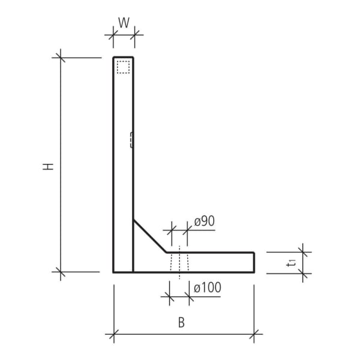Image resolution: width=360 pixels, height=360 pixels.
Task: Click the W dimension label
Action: click(x=124, y=23)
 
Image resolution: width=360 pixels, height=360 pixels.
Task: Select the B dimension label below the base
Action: click(x=181, y=322)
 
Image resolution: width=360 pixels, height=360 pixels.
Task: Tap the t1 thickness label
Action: click(x=292, y=262)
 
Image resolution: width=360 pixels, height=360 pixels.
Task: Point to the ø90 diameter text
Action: click(x=204, y=221)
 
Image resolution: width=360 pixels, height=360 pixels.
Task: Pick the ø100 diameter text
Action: click(x=207, y=288)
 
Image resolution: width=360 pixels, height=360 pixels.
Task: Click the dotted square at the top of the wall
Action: click(x=123, y=67)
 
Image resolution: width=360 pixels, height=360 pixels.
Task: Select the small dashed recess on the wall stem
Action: click(x=131, y=139)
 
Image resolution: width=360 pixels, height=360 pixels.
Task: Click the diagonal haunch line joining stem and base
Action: click(x=149, y=236)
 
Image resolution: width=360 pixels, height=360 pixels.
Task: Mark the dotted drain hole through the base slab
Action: click(x=179, y=262)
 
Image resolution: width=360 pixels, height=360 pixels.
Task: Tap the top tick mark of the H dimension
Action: click(x=60, y=58)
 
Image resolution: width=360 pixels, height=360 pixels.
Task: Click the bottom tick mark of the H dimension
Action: click(x=60, y=272)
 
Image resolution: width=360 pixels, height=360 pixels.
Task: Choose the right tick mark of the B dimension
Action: click(x=254, y=334)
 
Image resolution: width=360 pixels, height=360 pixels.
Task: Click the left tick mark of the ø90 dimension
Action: click(x=172, y=229)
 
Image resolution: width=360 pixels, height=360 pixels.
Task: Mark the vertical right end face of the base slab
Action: click(x=254, y=262)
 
